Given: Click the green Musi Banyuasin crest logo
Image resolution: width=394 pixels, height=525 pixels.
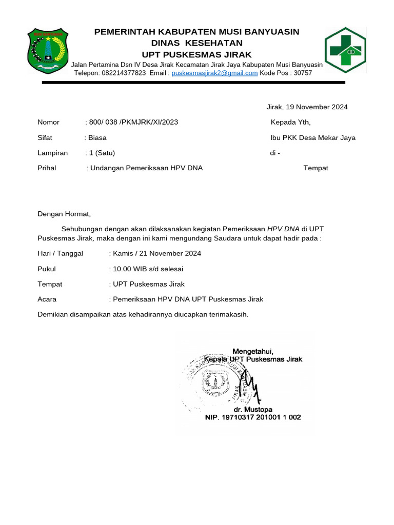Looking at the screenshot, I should [x=48, y=51].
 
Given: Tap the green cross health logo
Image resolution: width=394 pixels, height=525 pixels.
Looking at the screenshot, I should [x=345, y=49].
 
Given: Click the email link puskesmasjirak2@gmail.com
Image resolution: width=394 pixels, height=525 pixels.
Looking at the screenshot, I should [x=214, y=73].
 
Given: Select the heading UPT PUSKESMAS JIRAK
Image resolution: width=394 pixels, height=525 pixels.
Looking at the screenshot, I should [x=197, y=54].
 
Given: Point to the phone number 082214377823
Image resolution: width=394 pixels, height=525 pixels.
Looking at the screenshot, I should [x=124, y=73].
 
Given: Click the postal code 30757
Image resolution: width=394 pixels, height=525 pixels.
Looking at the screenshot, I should [x=302, y=73].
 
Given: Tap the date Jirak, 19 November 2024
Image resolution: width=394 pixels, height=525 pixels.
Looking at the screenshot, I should [x=307, y=107].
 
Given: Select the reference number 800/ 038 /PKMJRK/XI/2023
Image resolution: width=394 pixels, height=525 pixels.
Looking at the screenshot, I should [x=134, y=122].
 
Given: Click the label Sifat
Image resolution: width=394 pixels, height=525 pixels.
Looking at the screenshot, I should [x=45, y=137].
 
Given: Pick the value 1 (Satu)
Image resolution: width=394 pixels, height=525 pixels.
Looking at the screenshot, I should [x=102, y=153].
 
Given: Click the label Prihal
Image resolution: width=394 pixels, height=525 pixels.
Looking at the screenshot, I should [x=47, y=168].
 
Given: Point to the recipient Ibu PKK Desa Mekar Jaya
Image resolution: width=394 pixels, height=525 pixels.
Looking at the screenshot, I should [x=313, y=137].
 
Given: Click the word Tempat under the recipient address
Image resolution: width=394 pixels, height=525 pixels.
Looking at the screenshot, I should [x=316, y=168].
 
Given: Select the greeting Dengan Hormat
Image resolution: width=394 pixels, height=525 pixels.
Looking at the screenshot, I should [x=64, y=214].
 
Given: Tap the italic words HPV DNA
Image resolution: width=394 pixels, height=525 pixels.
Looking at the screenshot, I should [x=283, y=229].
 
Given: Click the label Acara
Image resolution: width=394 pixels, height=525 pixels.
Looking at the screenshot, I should [x=47, y=299].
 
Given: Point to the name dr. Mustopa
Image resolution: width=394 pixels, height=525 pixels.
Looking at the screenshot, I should [x=251, y=410].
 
